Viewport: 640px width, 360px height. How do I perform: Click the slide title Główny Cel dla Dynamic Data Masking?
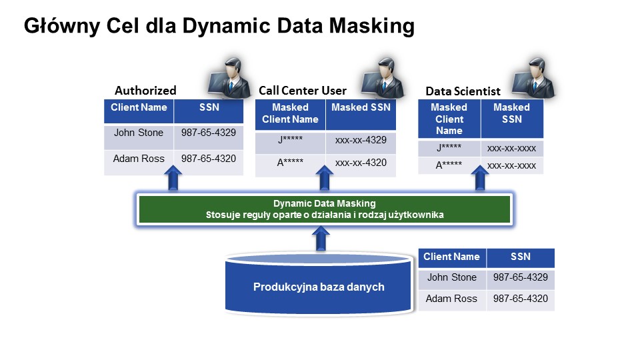click(x=219, y=26)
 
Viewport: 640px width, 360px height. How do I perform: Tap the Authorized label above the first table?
click(x=145, y=91)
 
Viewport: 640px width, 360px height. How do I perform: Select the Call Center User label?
click(x=303, y=91)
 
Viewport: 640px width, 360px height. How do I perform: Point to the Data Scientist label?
click(x=463, y=91)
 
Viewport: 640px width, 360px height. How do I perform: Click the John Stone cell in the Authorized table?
click(x=139, y=133)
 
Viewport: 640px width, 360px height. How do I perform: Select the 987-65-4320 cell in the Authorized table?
click(x=208, y=159)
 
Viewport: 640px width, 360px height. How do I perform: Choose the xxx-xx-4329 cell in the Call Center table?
click(x=361, y=141)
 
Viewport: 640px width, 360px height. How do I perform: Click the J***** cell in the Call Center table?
click(x=291, y=141)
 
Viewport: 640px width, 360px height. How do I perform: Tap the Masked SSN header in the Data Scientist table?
click(x=511, y=113)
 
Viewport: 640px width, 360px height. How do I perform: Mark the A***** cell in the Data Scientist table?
click(x=449, y=165)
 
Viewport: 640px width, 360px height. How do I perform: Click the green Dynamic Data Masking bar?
click(x=324, y=209)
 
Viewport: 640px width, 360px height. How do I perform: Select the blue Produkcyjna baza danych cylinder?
click(x=319, y=287)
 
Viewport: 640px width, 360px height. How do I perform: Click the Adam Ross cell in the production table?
click(x=451, y=299)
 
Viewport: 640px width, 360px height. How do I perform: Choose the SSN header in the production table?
click(x=520, y=257)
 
